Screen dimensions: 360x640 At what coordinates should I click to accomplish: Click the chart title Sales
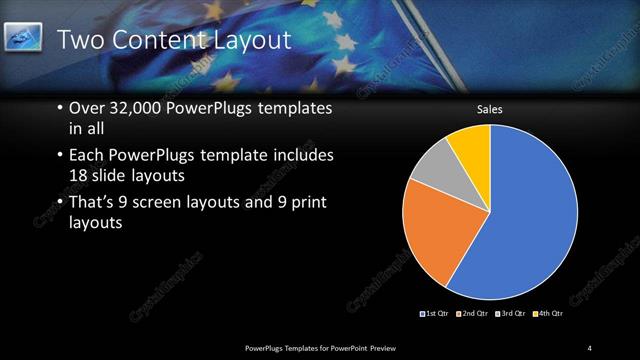[489, 109]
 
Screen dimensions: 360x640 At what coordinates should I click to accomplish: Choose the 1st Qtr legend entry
[435, 314]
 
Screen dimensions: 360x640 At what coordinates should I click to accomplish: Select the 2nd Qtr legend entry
[472, 314]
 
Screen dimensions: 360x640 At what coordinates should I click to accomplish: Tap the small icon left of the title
[23, 39]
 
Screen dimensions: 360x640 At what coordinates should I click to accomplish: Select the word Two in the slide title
[80, 40]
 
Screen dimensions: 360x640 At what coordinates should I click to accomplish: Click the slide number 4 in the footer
[590, 347]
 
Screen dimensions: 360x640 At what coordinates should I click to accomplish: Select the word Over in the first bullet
[87, 109]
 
